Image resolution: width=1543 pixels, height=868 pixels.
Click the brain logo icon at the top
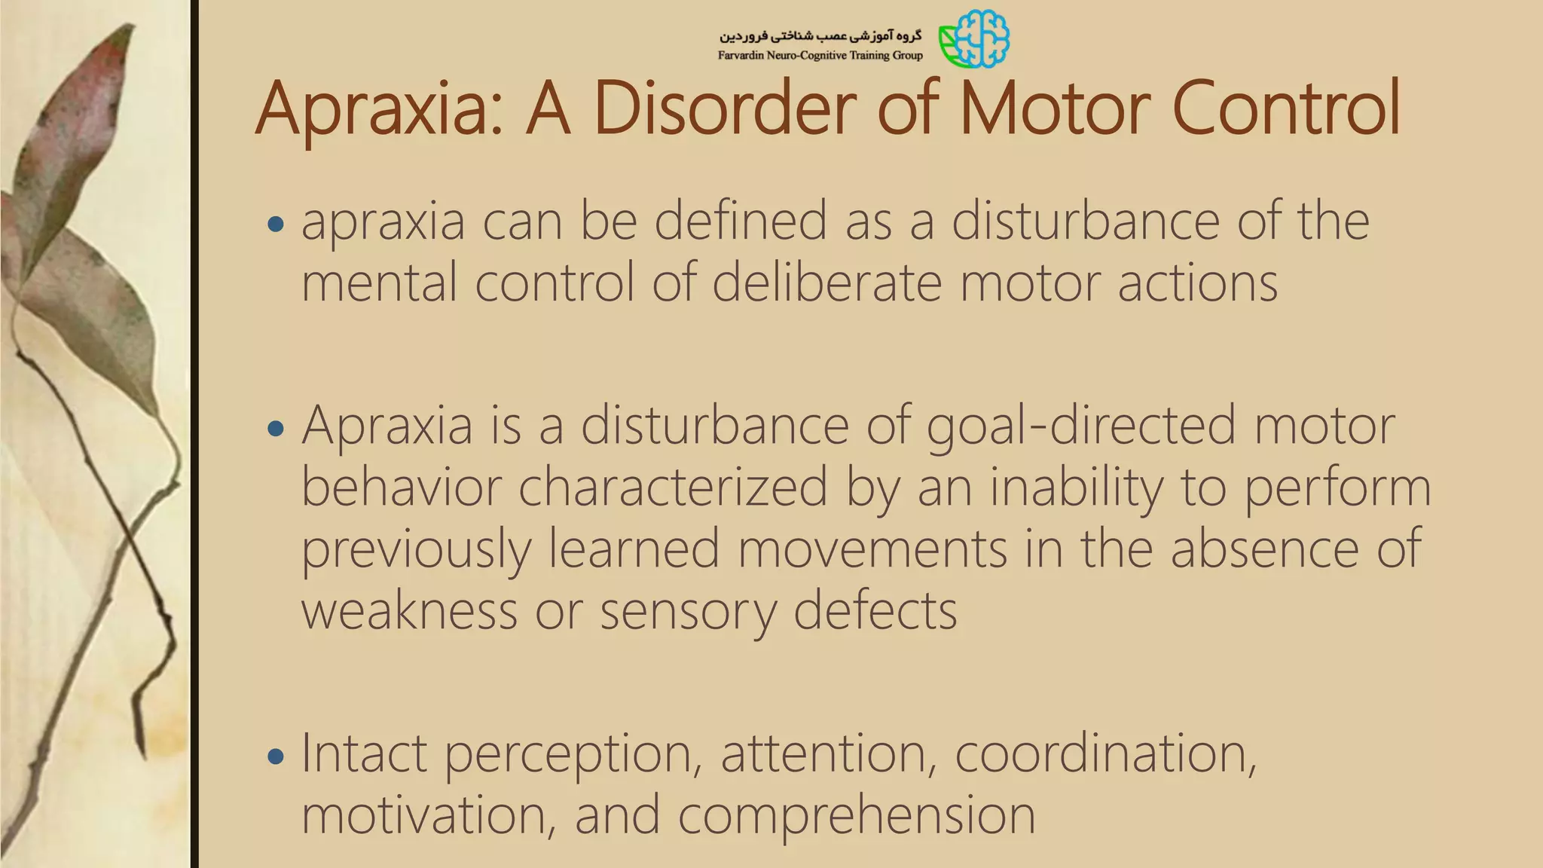pos(975,38)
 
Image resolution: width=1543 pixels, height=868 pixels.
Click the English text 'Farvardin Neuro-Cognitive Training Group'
pos(820,56)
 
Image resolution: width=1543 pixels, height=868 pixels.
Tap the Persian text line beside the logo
pos(820,35)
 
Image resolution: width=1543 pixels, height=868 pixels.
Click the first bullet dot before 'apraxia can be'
pos(276,224)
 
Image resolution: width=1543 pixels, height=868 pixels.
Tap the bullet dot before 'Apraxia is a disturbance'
pos(276,429)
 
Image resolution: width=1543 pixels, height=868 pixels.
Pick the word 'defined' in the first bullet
pos(741,222)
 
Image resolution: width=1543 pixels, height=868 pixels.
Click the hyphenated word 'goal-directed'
pos(1081,426)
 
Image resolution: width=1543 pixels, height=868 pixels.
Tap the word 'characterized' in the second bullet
pos(673,488)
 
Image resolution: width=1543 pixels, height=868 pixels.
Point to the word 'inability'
pos(1076,488)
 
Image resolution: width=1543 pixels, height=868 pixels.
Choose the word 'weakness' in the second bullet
pos(409,610)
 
